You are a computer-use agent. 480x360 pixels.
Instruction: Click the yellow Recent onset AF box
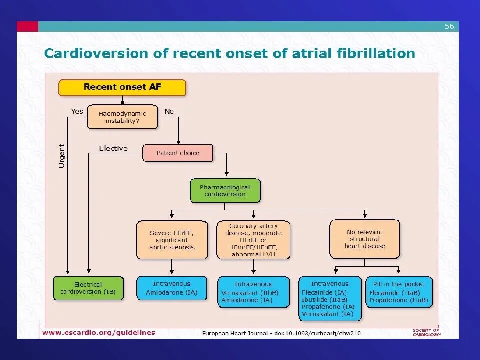[x=122, y=87]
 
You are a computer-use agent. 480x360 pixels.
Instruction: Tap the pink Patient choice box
[x=178, y=153]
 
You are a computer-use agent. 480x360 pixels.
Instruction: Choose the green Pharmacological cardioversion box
[x=225, y=190]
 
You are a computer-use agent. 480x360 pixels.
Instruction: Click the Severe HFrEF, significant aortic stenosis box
[x=172, y=240]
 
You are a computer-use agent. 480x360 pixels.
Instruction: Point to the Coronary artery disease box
[x=253, y=240]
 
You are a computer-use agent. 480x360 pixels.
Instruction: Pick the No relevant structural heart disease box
[x=365, y=239]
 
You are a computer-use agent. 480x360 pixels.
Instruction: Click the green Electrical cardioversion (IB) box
[x=88, y=288]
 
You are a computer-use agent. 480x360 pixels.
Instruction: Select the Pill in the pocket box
[x=399, y=291]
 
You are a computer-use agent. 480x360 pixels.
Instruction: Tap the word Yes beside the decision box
[x=77, y=111]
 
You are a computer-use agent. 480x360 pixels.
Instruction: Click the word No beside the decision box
[x=169, y=111]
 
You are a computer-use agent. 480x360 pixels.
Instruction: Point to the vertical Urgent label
[x=62, y=156]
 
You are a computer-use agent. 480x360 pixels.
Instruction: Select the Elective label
[x=113, y=148]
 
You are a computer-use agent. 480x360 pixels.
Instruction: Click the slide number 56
[x=449, y=26]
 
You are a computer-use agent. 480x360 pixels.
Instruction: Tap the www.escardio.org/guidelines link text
[x=99, y=332]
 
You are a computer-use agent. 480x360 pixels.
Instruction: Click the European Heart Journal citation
[x=281, y=333]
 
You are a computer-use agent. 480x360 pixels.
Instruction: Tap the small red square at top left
[x=27, y=26]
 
